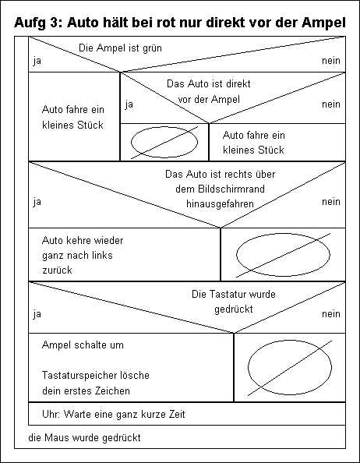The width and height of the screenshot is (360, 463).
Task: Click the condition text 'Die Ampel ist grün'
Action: click(x=121, y=48)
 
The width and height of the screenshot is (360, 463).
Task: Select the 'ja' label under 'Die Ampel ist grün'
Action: click(x=37, y=61)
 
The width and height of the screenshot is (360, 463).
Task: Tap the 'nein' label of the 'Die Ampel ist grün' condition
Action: click(x=331, y=61)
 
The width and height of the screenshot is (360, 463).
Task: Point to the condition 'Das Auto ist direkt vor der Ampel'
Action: click(x=209, y=91)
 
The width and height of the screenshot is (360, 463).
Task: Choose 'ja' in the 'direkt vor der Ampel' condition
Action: click(x=129, y=104)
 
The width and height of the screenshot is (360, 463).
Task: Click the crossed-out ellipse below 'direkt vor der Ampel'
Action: click(x=131, y=142)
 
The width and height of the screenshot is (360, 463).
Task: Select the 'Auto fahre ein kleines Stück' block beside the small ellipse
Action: click(x=254, y=143)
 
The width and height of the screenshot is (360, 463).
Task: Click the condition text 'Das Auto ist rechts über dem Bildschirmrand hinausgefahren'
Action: click(x=221, y=189)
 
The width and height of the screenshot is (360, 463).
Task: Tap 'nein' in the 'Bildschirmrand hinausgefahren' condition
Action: click(x=331, y=202)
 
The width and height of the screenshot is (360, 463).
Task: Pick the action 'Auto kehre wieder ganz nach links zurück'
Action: click(x=83, y=255)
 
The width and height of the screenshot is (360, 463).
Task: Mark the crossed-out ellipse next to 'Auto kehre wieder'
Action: click(x=237, y=255)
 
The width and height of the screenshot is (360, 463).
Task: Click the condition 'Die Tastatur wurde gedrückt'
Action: click(x=234, y=302)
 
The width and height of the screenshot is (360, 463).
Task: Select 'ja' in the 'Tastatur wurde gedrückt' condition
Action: click(x=37, y=314)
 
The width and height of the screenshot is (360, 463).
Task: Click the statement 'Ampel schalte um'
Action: click(x=83, y=345)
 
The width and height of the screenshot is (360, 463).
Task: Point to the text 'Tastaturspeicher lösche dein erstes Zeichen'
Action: click(x=96, y=383)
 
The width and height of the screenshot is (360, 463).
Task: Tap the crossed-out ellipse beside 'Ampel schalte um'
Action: click(x=248, y=367)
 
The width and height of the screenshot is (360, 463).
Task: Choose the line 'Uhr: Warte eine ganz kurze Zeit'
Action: click(x=114, y=414)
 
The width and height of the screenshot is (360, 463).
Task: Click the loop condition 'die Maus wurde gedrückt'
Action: click(x=84, y=437)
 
